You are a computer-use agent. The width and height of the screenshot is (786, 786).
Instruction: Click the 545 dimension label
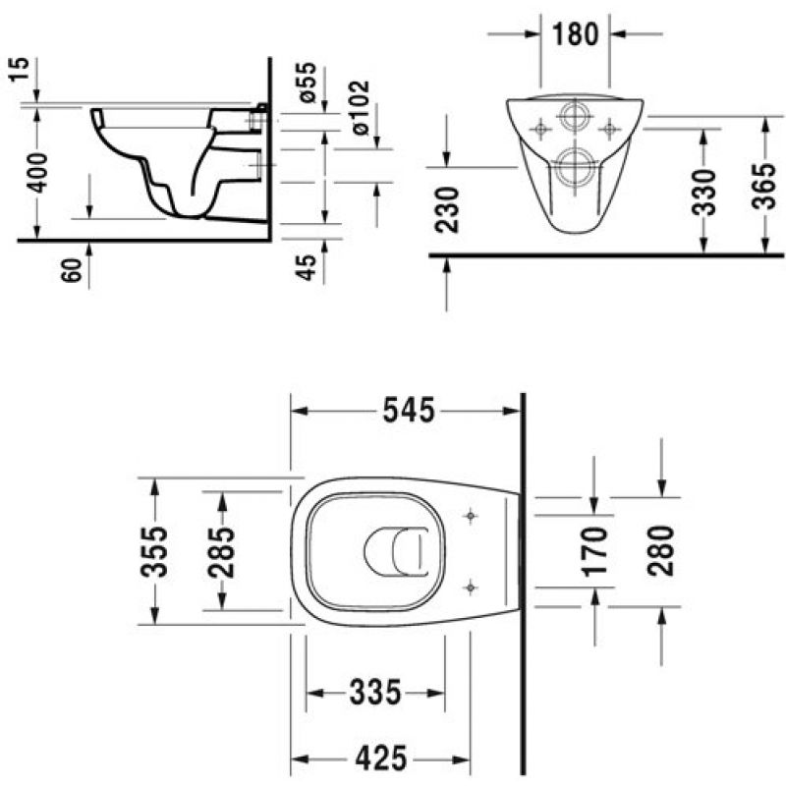(x=409, y=411)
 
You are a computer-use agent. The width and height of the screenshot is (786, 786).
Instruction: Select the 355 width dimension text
(x=154, y=551)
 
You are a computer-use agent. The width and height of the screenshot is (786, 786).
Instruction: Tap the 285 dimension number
(x=222, y=552)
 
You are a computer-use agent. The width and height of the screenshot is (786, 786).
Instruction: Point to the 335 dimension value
(x=375, y=693)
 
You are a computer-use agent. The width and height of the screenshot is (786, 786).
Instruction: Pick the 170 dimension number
(x=595, y=550)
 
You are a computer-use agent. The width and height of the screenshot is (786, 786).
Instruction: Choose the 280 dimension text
(x=660, y=550)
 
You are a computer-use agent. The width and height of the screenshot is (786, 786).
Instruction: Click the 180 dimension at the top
(x=576, y=34)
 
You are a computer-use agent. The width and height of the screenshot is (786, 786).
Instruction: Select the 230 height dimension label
(x=447, y=209)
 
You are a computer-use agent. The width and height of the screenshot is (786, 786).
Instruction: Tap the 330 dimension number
(x=703, y=193)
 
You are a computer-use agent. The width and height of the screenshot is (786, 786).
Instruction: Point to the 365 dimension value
(x=764, y=186)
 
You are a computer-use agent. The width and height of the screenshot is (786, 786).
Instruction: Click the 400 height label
(x=37, y=173)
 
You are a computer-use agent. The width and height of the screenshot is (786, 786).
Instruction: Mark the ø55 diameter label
(x=307, y=83)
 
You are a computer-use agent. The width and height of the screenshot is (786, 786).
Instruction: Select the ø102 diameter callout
(x=361, y=108)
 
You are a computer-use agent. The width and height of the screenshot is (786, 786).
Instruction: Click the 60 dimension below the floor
(x=72, y=271)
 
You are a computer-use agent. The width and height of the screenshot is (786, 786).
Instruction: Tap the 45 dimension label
(x=306, y=267)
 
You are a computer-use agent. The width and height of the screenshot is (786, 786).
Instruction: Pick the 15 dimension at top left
(x=19, y=70)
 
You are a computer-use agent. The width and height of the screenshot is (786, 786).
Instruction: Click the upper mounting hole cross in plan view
(x=471, y=515)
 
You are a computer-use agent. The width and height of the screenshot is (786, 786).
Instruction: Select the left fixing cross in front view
(x=540, y=130)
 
